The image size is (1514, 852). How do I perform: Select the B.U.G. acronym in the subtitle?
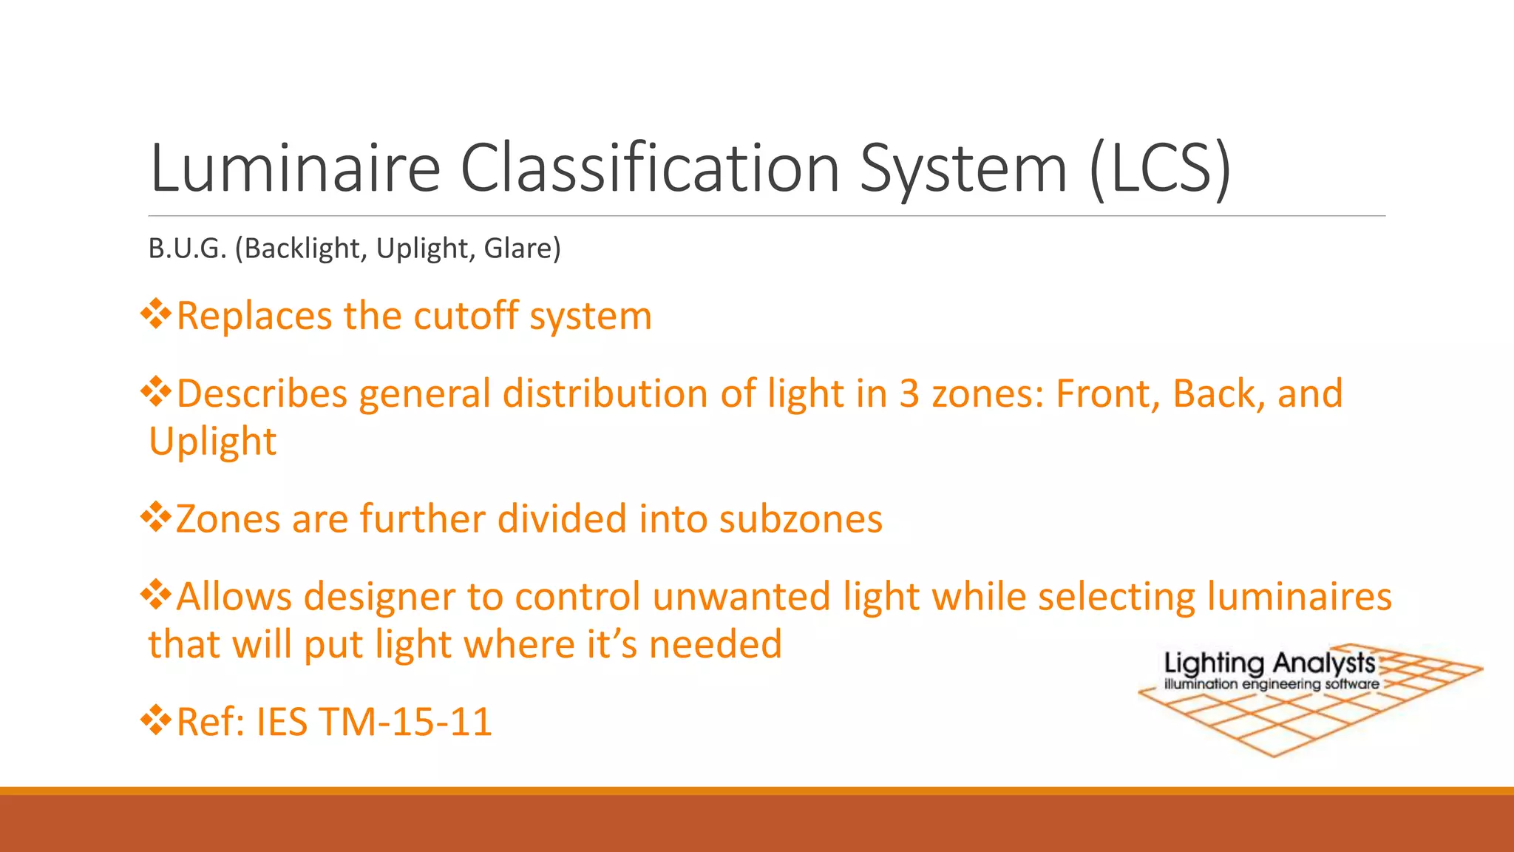pyautogui.click(x=187, y=248)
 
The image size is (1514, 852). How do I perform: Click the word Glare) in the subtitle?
pyautogui.click(x=523, y=248)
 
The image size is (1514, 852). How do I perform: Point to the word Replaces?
pyautogui.click(x=254, y=317)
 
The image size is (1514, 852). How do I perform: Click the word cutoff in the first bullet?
pyautogui.click(x=466, y=317)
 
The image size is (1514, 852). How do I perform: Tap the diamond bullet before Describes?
pyautogui.click(x=156, y=392)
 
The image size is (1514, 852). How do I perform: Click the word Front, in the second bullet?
pyautogui.click(x=1108, y=393)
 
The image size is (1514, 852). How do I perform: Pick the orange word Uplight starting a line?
pyautogui.click(x=213, y=442)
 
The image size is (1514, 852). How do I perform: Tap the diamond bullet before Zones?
pyautogui.click(x=156, y=517)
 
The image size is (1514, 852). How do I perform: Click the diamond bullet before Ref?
pyautogui.click(x=156, y=720)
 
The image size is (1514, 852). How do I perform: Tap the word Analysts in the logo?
pyautogui.click(x=1323, y=663)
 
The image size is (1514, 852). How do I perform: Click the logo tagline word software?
pyautogui.click(x=1351, y=684)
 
